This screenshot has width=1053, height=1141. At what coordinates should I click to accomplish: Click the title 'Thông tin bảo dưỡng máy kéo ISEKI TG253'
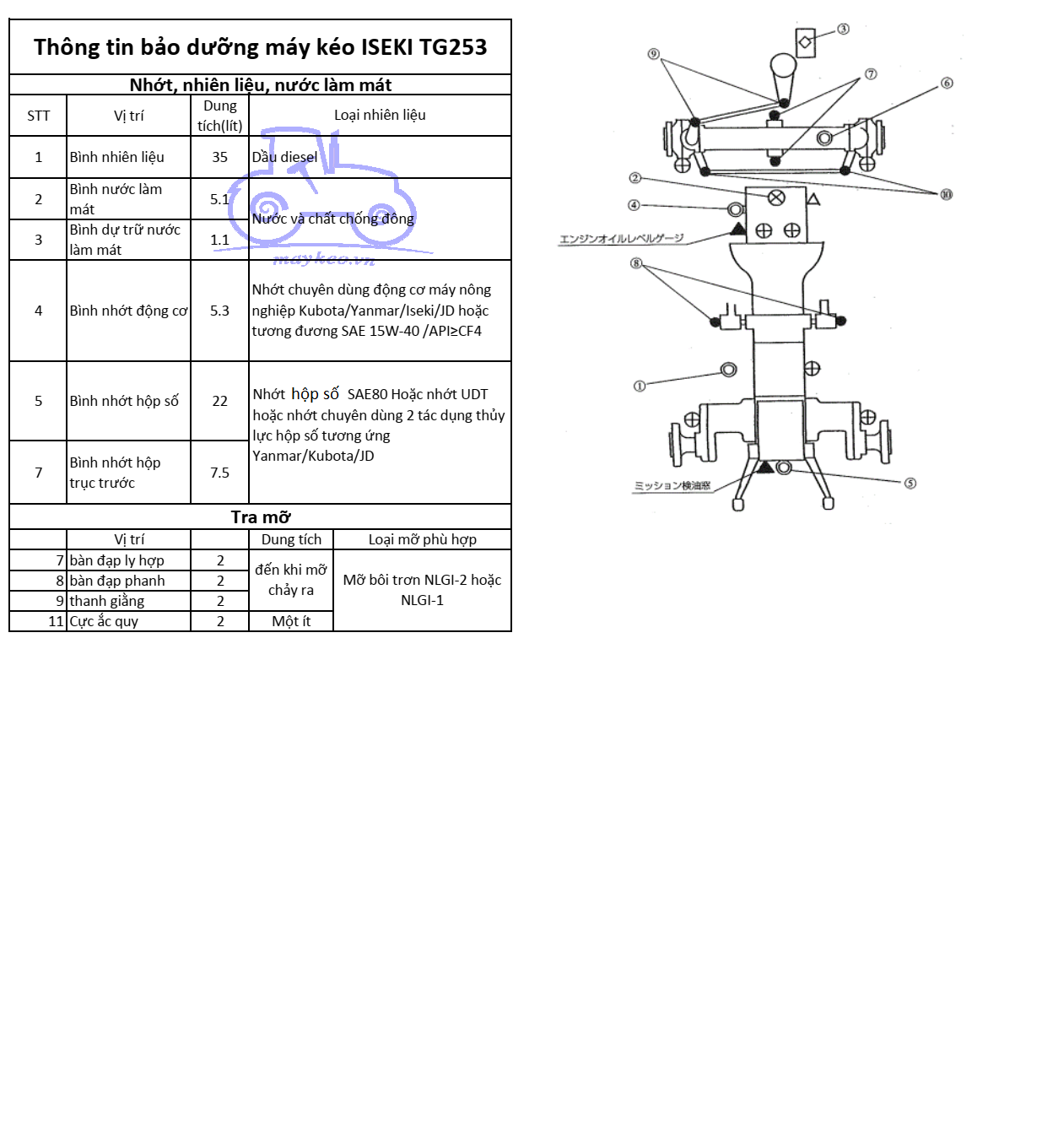point(260,47)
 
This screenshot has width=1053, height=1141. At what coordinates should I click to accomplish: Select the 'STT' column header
point(38,116)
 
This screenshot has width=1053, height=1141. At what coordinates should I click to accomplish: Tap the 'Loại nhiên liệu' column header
point(380,115)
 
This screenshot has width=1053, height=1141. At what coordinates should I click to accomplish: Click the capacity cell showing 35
point(219,157)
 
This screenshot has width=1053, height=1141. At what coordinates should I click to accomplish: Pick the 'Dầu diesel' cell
point(284,157)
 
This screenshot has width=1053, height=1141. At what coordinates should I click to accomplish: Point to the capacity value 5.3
point(219,311)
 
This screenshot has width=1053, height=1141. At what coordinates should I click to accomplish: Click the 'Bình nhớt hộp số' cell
point(124,401)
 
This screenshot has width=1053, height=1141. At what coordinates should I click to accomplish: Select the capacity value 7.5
point(219,473)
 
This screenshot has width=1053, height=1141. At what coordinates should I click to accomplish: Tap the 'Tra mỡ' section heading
point(260,517)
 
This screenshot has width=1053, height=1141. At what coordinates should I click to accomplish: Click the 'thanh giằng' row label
point(107,601)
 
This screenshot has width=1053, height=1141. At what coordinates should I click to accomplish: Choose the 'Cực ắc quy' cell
point(104,621)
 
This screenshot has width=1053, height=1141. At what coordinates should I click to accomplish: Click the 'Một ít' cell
point(291,621)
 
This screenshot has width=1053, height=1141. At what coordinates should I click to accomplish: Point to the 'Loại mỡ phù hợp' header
point(422,539)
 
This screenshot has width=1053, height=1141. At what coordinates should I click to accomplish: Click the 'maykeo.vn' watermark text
point(324,259)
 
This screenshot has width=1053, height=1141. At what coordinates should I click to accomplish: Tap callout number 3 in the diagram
point(843,30)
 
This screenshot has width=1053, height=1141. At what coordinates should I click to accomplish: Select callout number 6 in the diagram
point(947,83)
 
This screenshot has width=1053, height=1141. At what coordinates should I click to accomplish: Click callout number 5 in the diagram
point(910,484)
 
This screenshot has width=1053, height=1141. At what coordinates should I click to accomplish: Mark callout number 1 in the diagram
point(640,386)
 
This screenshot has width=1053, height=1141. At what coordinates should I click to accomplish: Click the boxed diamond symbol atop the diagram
point(805,42)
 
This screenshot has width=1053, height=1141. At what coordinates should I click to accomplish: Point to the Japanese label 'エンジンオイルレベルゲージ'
point(621,239)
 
